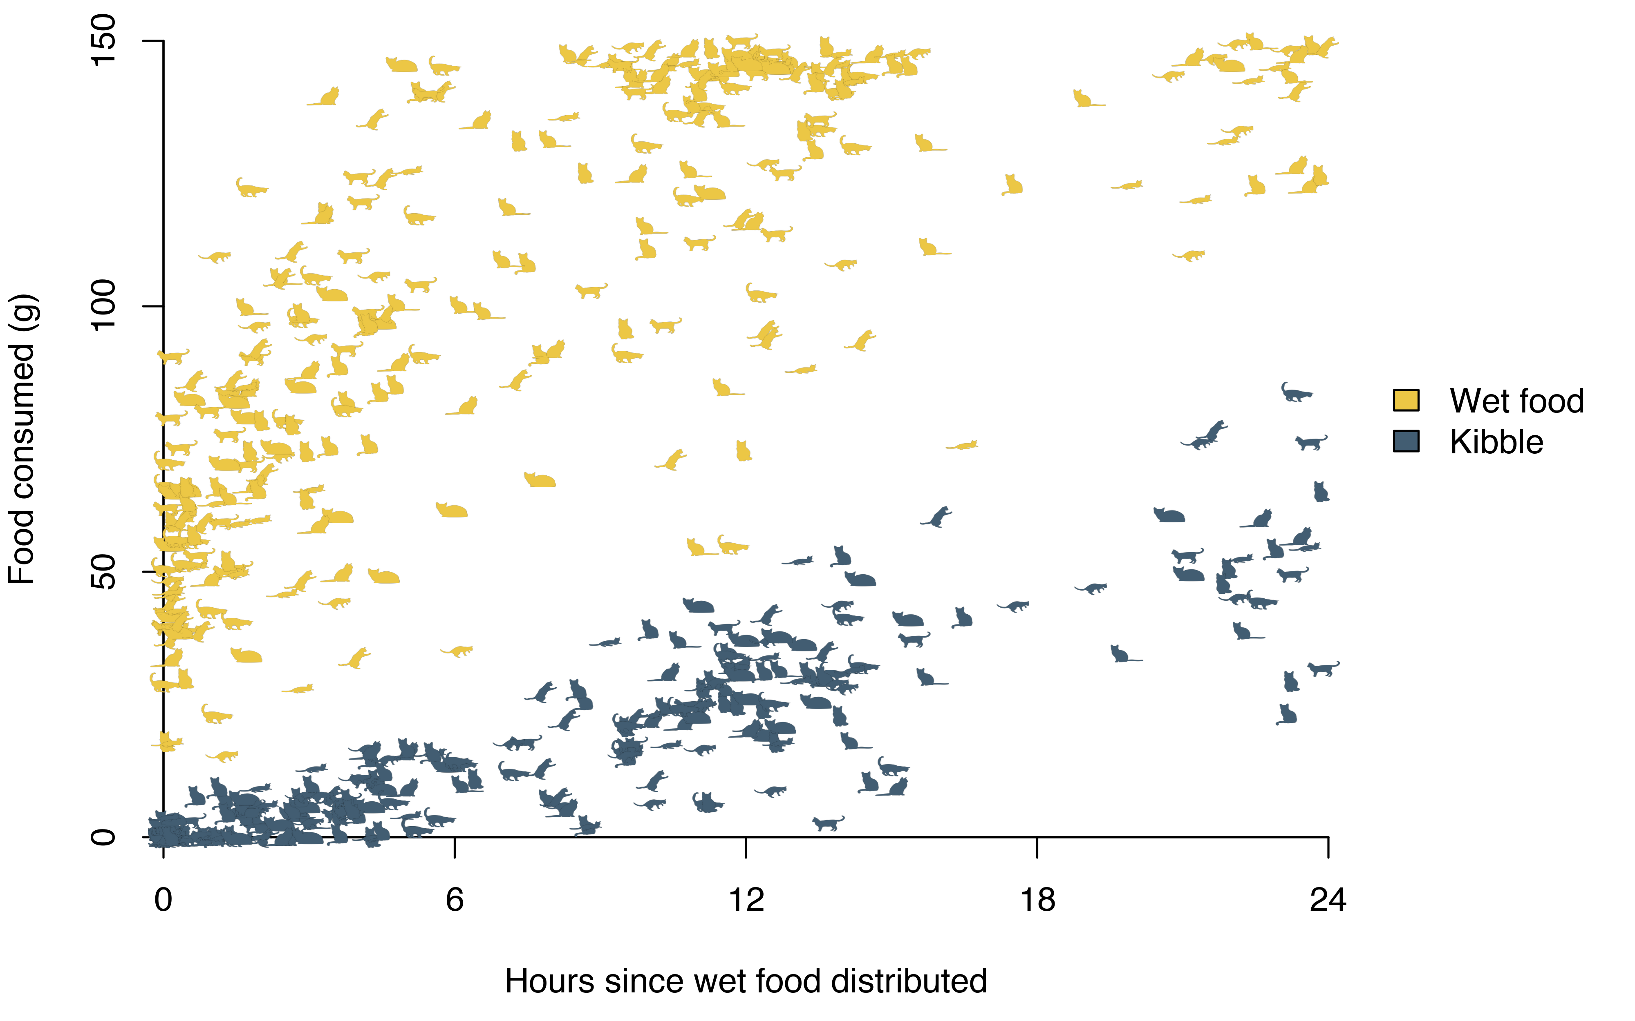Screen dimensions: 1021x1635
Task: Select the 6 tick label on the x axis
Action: coord(455,900)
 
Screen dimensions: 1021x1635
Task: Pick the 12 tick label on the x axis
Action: coord(746,900)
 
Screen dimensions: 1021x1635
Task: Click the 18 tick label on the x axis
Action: coord(1037,900)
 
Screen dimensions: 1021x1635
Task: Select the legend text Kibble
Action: coord(1496,442)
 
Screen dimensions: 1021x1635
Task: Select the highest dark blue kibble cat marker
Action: coord(1296,392)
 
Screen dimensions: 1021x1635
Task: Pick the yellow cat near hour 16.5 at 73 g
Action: coord(962,445)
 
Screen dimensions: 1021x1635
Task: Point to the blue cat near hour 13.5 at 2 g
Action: coord(828,823)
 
